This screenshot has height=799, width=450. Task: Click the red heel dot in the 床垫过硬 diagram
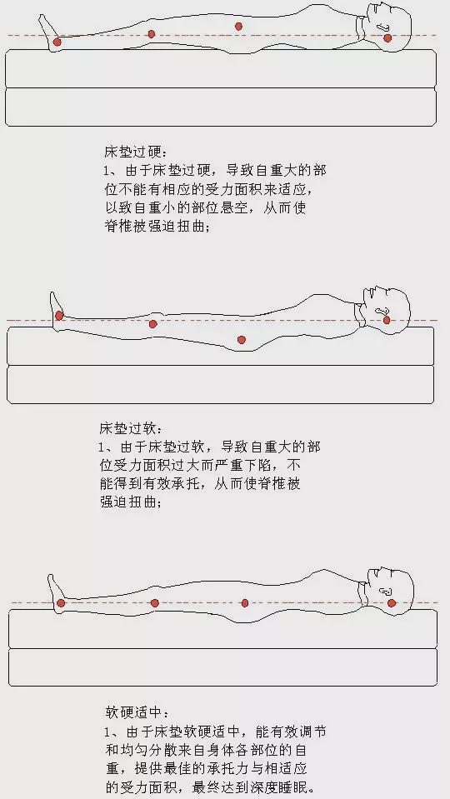coord(57,42)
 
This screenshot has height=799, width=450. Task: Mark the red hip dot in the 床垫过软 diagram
coord(241,339)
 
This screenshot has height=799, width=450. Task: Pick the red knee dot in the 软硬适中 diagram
coord(154,603)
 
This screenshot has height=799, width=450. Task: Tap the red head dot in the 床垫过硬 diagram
coord(387,37)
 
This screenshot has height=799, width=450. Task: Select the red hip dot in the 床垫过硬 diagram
coord(238,26)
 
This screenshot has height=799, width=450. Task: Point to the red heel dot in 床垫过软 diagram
coord(59,316)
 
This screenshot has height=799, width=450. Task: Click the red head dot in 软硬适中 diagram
coord(392,602)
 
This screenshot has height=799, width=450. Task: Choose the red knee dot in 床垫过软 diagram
coord(152,323)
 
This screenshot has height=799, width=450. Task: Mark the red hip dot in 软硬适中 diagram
coord(245,603)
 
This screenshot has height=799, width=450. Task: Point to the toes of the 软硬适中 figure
coord(52,577)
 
